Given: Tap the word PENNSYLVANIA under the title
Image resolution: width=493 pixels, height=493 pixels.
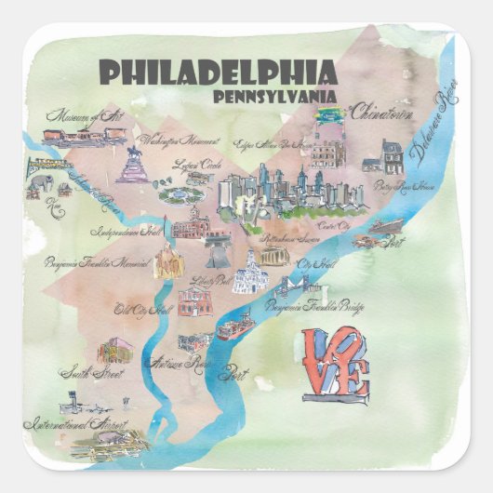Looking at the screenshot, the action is click(x=277, y=97).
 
